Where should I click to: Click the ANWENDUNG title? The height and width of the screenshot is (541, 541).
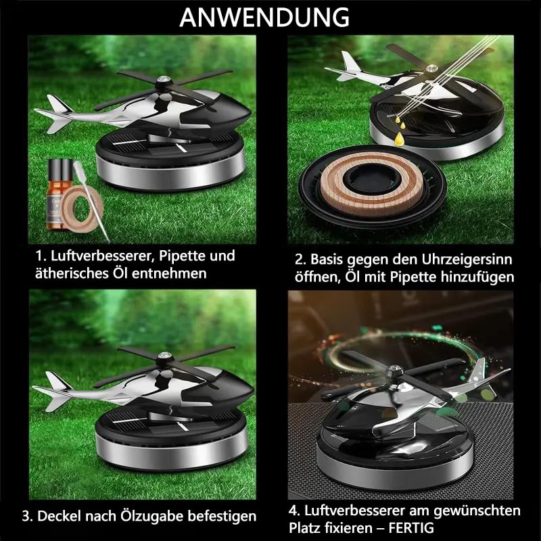click(264, 18)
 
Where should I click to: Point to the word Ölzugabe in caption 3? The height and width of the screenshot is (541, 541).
click(151, 517)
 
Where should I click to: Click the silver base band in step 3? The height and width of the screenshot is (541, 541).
click(172, 452)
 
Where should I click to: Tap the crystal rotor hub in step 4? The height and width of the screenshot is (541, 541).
click(394, 371)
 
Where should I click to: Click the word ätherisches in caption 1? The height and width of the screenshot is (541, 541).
click(72, 273)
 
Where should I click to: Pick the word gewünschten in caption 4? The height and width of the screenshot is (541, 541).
click(477, 511)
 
